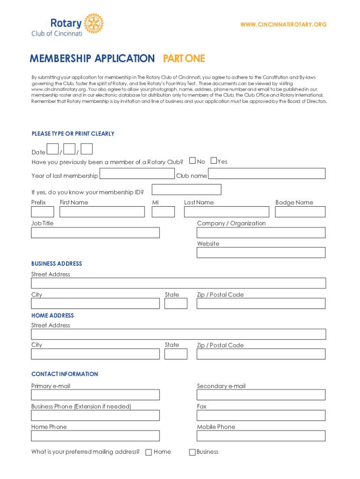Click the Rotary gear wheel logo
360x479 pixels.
click(x=94, y=23)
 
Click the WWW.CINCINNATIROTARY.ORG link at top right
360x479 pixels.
click(x=283, y=24)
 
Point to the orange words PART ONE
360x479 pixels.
click(x=184, y=58)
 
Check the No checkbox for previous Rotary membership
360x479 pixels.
click(x=192, y=161)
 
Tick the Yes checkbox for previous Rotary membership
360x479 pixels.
click(x=214, y=161)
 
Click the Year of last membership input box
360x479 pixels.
click(x=137, y=174)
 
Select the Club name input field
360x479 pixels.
click(x=266, y=174)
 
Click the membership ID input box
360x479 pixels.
click(x=187, y=189)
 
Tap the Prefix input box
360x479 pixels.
click(x=43, y=212)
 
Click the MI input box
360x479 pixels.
click(x=163, y=212)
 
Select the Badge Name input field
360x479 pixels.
click(x=300, y=212)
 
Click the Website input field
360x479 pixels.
click(x=261, y=253)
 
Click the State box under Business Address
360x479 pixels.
click(x=176, y=304)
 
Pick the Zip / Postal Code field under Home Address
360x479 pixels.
click(x=261, y=354)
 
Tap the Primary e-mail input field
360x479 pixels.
click(x=95, y=395)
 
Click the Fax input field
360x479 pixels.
click(x=261, y=415)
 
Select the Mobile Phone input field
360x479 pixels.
click(x=261, y=436)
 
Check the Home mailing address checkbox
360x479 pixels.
click(x=149, y=452)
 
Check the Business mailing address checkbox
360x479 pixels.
click(x=192, y=452)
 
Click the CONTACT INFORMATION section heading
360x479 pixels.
click(x=65, y=374)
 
